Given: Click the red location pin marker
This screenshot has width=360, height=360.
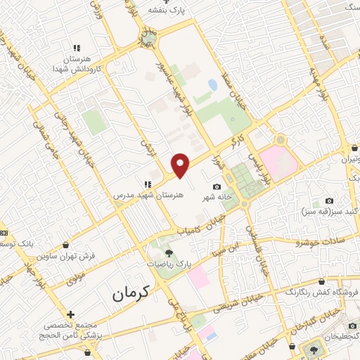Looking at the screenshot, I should (181, 165).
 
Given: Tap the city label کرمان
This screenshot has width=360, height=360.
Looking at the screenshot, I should (131, 293).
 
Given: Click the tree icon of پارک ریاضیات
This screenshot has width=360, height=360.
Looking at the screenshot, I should (168, 252).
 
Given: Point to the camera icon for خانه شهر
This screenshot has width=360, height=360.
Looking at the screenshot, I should (217, 186).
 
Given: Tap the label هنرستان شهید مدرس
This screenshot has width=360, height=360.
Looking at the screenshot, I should (148, 191).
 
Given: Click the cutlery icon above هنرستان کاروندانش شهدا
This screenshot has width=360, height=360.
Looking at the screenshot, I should (77, 47).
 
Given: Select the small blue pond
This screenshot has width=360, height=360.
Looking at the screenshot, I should (212, 85).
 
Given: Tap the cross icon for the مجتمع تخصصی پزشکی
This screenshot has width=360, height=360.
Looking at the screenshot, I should (70, 314).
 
